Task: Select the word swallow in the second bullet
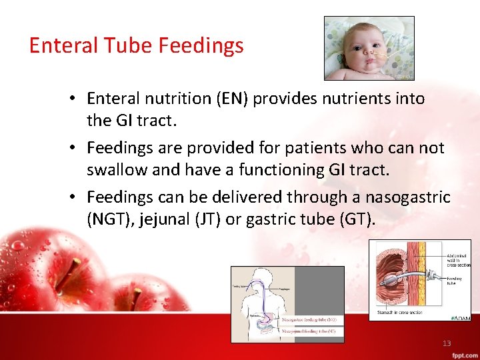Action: [117, 170]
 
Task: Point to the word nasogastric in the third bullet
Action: [409, 197]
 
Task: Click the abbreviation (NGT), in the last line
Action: [111, 221]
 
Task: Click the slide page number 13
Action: [447, 343]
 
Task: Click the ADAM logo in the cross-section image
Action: [460, 317]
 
